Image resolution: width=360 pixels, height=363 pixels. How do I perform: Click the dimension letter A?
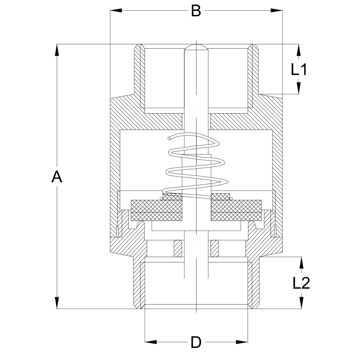[57, 177]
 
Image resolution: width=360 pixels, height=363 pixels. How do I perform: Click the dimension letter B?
[196, 11]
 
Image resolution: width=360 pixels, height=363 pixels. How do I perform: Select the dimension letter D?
[196, 343]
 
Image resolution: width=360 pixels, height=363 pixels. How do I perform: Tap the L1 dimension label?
[299, 69]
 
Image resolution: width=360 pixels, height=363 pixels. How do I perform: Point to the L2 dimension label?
[301, 283]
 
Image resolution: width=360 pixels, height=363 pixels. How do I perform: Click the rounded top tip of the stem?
[196, 45]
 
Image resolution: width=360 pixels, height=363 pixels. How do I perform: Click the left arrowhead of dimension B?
[116, 10]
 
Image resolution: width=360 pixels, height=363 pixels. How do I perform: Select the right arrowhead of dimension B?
[277, 10]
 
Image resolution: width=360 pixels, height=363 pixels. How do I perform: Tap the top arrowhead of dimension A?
[57, 50]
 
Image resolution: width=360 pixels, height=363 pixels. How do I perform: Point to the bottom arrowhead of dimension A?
[57, 302]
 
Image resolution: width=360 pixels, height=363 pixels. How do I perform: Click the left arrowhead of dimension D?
[151, 342]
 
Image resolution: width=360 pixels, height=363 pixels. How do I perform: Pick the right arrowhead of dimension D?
[242, 342]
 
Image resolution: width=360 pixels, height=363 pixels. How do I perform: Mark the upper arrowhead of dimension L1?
[299, 50]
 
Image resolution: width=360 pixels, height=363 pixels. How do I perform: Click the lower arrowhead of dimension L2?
[301, 302]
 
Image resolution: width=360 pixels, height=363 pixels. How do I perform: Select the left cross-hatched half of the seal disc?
[156, 210]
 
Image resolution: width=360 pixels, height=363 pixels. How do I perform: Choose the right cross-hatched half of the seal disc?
[236, 210]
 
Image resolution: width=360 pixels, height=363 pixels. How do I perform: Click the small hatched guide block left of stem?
[178, 249]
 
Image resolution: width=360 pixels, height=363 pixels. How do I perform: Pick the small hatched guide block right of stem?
[215, 249]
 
